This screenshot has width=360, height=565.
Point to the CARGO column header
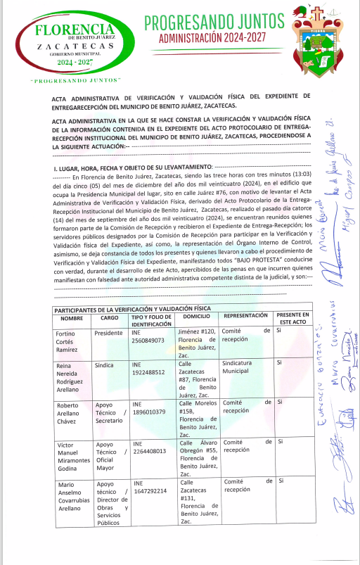click(108, 318)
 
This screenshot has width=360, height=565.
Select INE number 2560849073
click(148, 340)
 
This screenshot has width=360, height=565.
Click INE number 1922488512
click(148, 375)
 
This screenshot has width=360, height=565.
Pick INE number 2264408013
click(148, 451)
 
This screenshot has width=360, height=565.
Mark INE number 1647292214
click(148, 490)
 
